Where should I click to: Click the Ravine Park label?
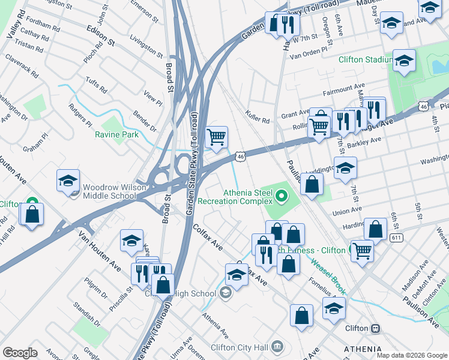click(116, 134)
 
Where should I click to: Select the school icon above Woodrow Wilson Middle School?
click(68, 180)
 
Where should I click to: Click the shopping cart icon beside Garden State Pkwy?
click(217, 137)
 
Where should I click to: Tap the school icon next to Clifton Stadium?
click(404, 61)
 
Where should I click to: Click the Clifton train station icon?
click(376, 329)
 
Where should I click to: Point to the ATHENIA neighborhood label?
click(362, 349)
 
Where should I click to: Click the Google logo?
click(20, 353)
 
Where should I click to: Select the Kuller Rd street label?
click(258, 116)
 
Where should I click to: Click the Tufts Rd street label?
click(96, 86)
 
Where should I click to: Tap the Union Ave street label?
click(347, 211)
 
